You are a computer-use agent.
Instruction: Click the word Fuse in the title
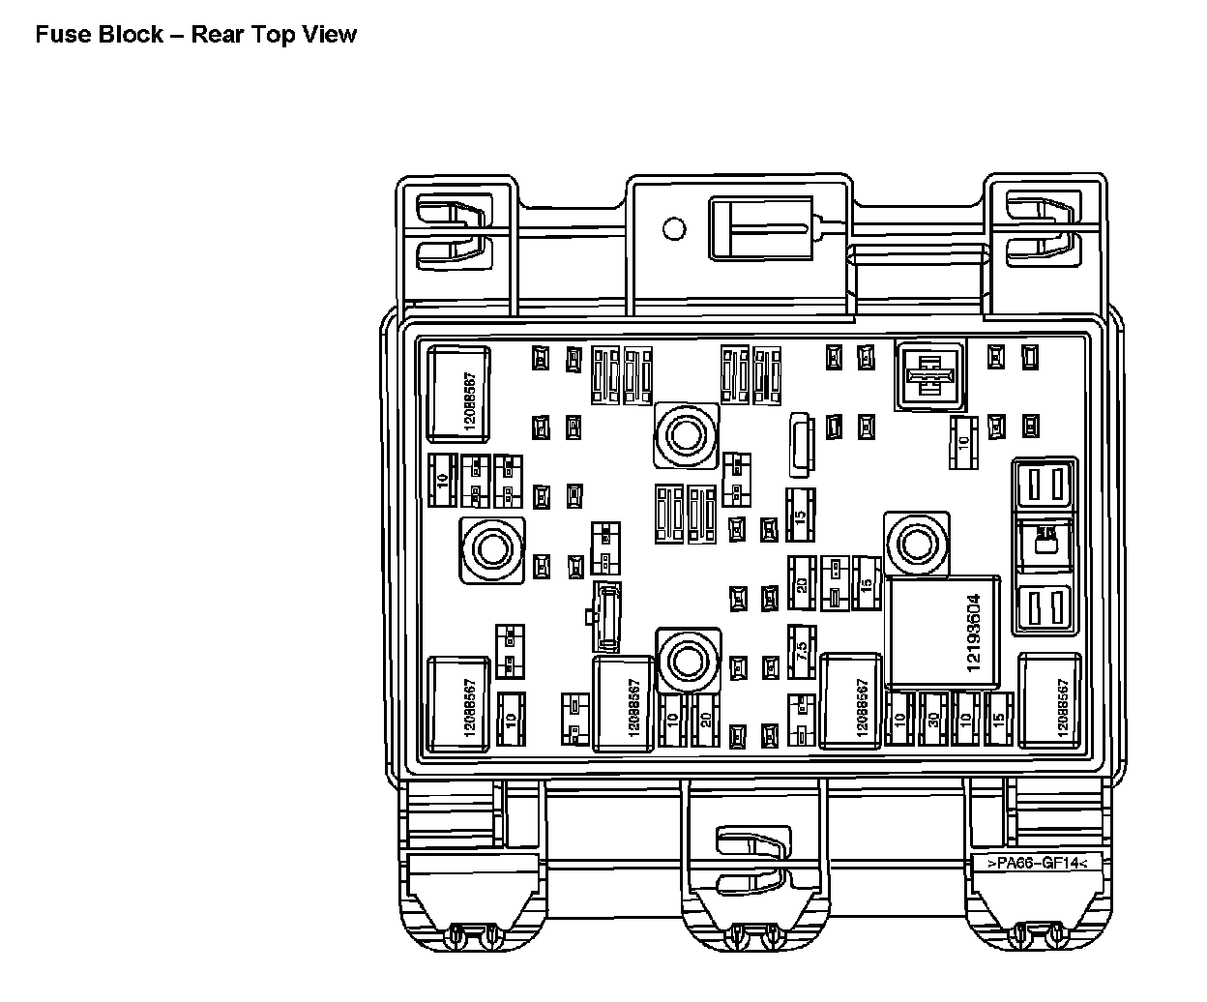click(60, 35)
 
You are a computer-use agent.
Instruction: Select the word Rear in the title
click(217, 35)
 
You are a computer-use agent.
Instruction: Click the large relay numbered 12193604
click(947, 634)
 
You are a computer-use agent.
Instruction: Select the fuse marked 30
click(933, 720)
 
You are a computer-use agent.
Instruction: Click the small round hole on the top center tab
click(674, 229)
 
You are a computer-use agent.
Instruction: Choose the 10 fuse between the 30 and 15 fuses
click(965, 720)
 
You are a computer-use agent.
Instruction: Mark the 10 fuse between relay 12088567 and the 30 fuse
click(900, 720)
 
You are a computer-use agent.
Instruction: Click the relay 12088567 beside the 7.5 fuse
click(850, 702)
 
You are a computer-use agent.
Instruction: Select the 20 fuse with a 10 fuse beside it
click(705, 720)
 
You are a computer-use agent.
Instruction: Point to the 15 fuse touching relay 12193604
click(867, 584)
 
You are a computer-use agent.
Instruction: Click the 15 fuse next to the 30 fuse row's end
click(997, 720)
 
